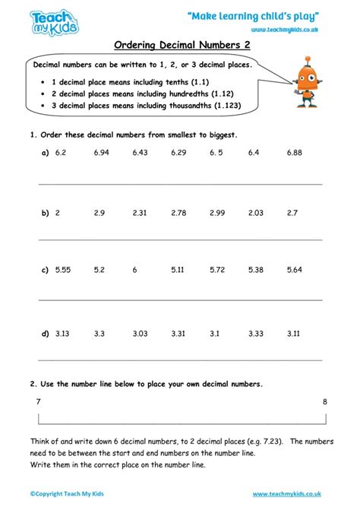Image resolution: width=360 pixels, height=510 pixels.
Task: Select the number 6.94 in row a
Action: [101, 153]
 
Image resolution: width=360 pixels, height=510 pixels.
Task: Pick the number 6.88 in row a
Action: [295, 153]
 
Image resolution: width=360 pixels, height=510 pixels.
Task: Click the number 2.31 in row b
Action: [139, 213]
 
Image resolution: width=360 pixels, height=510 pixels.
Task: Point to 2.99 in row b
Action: [217, 213]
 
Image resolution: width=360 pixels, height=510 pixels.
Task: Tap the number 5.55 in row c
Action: [62, 270]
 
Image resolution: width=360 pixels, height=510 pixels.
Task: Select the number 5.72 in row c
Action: [217, 270]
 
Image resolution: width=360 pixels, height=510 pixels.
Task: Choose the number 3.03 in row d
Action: [139, 332]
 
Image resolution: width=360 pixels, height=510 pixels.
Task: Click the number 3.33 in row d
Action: [256, 332]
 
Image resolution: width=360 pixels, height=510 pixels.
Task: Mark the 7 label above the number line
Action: [38, 401]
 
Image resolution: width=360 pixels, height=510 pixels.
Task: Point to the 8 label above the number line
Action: [325, 401]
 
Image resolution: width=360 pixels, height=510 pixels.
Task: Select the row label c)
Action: [45, 270]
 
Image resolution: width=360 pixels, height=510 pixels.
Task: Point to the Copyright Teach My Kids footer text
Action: [67, 494]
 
